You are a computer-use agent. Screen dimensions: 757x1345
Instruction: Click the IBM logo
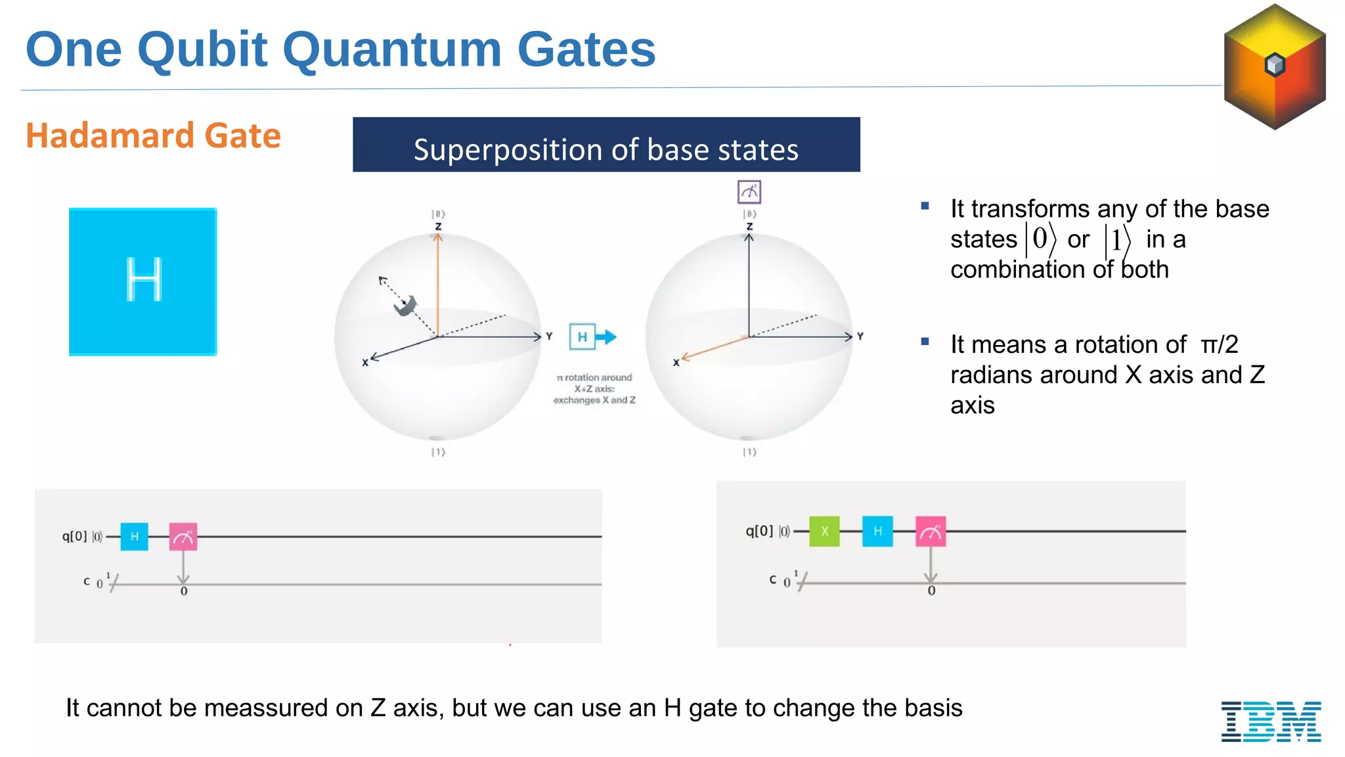(1271, 721)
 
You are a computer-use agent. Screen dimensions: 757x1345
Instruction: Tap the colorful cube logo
(1274, 66)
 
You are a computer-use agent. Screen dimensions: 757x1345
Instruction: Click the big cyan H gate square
(143, 282)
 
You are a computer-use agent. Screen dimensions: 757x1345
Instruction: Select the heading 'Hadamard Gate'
(153, 135)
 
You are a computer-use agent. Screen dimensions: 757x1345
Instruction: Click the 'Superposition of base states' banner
(606, 145)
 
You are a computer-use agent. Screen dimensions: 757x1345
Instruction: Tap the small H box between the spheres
(582, 337)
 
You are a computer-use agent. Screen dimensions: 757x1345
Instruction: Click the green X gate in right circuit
(824, 531)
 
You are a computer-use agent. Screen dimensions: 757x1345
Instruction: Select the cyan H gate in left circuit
(135, 536)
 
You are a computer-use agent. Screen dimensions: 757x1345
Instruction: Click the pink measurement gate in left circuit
(183, 536)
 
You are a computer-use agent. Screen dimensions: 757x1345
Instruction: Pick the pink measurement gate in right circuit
(931, 531)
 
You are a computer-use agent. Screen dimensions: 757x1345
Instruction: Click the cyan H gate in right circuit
(877, 531)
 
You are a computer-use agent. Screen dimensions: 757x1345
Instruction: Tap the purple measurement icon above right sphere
(749, 192)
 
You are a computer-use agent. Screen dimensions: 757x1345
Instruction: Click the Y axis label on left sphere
(549, 336)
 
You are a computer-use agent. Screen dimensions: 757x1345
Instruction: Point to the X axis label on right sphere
(676, 363)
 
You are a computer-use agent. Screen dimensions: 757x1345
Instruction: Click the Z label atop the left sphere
(438, 226)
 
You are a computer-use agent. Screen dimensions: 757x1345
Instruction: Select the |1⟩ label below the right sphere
(749, 452)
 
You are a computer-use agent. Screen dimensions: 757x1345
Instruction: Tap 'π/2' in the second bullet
(1219, 344)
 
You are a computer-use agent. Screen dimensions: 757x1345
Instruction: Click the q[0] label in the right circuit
(759, 531)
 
